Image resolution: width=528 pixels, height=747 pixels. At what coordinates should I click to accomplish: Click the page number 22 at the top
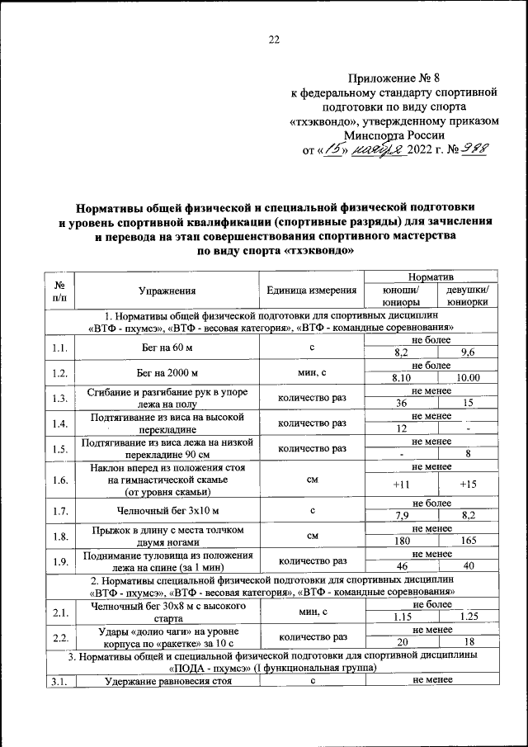(275, 39)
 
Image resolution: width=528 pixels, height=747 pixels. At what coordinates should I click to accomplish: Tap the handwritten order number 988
(471, 149)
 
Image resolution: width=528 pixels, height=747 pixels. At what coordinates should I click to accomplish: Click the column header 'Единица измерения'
(312, 291)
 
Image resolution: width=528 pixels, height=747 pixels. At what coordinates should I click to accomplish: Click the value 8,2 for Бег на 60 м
(402, 353)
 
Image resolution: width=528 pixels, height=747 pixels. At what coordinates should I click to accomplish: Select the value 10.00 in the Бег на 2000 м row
(468, 378)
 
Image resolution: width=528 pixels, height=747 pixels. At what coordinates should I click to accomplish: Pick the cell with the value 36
(402, 404)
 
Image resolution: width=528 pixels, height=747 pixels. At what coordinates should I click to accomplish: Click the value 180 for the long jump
(402, 541)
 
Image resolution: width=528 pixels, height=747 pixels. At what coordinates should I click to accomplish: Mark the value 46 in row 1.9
(402, 566)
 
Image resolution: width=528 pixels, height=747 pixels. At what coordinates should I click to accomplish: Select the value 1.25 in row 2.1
(468, 617)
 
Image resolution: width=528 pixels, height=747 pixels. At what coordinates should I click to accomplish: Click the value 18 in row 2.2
(468, 642)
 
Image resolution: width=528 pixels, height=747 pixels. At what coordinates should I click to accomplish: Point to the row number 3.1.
(58, 680)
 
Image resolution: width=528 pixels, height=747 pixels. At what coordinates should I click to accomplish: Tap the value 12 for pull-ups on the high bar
(402, 428)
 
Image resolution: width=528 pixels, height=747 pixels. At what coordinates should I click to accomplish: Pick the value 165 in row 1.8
(468, 541)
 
